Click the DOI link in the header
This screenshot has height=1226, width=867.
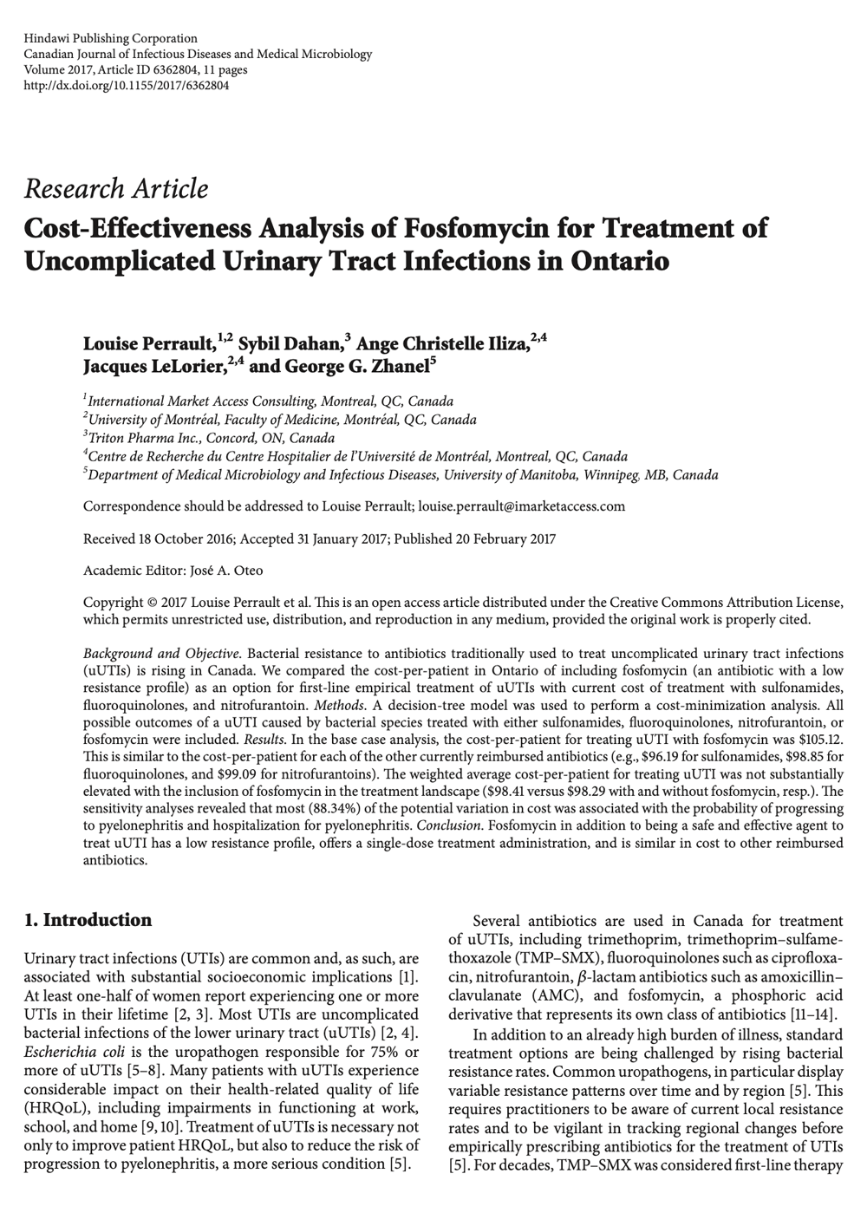(127, 85)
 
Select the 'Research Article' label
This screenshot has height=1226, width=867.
(116, 188)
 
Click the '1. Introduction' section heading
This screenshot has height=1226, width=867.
(88, 920)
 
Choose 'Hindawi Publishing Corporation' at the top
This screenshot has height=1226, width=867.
(111, 38)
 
